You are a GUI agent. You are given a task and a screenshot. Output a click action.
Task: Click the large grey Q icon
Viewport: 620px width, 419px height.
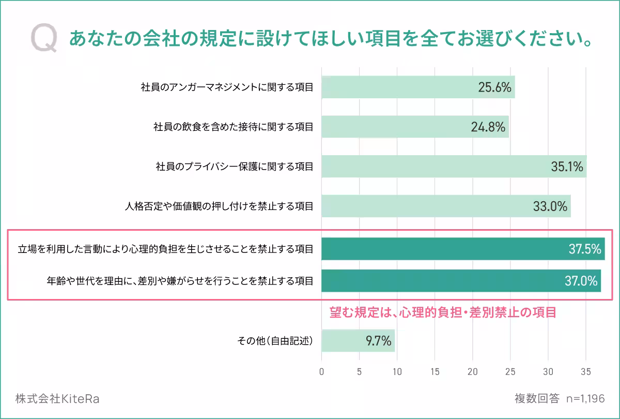point(44,39)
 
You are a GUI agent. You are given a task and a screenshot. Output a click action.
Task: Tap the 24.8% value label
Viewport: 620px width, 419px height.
point(488,127)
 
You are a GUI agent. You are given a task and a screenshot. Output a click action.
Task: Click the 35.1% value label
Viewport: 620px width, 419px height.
point(567,167)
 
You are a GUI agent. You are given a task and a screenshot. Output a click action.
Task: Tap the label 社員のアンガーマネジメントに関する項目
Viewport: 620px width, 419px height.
point(227,87)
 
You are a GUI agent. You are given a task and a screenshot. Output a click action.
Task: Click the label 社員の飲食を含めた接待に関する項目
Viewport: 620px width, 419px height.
point(233,127)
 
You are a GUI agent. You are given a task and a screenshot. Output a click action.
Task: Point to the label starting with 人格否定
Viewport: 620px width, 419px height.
point(219,206)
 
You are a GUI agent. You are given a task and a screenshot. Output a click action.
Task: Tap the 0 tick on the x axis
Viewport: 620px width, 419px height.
point(322,371)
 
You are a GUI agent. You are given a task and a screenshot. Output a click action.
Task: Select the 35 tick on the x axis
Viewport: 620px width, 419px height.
point(585,371)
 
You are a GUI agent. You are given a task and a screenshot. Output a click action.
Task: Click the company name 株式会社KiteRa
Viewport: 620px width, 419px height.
point(57,399)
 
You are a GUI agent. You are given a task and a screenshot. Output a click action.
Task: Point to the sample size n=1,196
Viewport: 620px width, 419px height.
point(585,399)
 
